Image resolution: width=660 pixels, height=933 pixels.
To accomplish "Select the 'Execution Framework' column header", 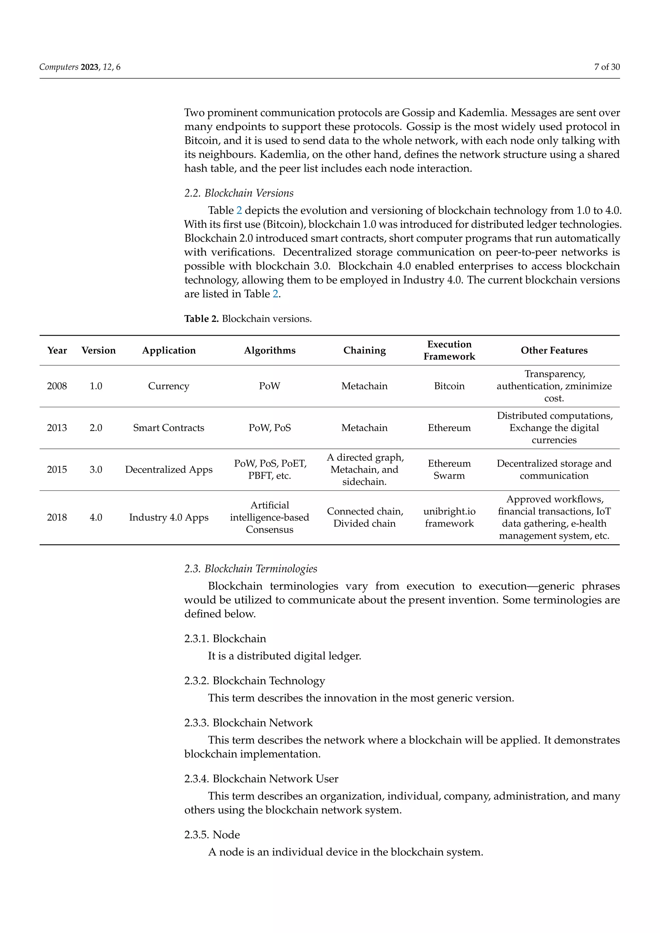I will (449, 350).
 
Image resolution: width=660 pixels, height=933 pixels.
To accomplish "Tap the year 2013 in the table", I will (57, 428).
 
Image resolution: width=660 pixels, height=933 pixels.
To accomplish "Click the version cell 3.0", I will (96, 470).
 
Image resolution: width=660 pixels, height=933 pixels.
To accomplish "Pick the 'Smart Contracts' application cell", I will (169, 428).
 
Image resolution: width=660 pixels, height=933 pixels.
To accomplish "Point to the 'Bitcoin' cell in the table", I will (449, 386).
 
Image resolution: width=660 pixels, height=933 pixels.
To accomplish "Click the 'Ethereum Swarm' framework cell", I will (449, 470).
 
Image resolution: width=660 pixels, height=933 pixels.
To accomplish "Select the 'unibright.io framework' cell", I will (449, 517).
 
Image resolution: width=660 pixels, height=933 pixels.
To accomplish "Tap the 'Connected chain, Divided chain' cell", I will (364, 517).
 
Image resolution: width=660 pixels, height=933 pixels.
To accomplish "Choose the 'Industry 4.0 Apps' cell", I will (169, 518).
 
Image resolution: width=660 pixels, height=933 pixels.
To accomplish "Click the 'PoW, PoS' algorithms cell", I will (269, 428).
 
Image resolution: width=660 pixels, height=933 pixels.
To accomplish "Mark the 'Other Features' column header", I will (554, 350).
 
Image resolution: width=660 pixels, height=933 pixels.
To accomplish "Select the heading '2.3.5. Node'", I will (212, 835).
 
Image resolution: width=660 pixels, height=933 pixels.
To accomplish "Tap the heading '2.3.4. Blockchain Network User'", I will (261, 779).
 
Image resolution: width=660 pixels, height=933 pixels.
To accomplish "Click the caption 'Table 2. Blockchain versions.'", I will (248, 319).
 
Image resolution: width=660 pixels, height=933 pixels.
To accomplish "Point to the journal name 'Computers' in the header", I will (59, 67).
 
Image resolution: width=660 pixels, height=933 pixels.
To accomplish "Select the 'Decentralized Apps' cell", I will (169, 470).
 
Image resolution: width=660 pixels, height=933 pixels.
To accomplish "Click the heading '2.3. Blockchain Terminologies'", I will (250, 569).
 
